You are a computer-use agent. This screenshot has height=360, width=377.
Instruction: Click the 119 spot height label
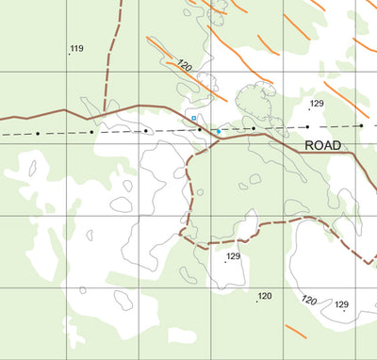(76, 48)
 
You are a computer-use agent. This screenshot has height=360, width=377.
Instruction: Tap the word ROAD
(323, 145)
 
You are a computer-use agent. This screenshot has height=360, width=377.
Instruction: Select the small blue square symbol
(193, 119)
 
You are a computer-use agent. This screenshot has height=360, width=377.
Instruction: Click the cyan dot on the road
(218, 131)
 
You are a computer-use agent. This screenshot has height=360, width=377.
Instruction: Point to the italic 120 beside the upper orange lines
(185, 66)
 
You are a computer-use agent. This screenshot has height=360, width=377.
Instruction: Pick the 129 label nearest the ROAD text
(317, 104)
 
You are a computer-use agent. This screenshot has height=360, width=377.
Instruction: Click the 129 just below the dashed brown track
(234, 256)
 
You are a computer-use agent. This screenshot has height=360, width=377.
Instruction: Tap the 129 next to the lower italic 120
(341, 303)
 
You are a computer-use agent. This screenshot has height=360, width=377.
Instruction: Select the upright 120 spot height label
(265, 296)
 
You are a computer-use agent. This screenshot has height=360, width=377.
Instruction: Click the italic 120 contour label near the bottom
(308, 301)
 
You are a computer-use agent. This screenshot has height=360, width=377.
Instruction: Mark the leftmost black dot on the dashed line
(38, 134)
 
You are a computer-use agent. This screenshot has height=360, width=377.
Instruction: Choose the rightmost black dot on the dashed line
(361, 125)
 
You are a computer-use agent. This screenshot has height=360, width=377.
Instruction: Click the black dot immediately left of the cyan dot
(200, 129)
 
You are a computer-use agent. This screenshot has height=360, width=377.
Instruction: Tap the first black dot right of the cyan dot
(254, 128)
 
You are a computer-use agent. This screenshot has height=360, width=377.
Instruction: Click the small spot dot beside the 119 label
(69, 54)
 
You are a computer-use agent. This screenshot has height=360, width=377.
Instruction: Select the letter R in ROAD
(309, 145)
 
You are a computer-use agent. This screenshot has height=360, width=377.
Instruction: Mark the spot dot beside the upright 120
(257, 302)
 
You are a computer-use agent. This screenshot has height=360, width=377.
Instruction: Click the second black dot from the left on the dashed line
(91, 132)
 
